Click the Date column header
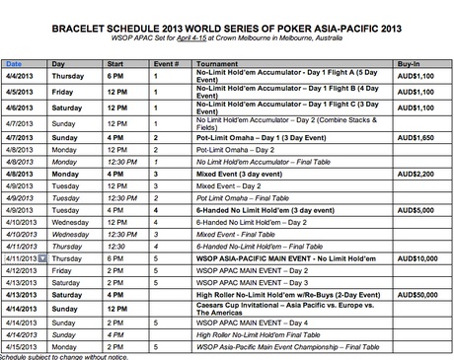17,62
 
